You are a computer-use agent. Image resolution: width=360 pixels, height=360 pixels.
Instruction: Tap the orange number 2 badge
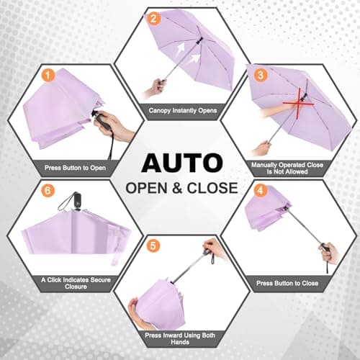click(x=153, y=19)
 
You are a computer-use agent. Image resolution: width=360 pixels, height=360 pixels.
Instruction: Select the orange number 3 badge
click(x=261, y=74)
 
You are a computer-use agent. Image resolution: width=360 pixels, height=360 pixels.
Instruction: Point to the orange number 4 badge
click(x=261, y=192)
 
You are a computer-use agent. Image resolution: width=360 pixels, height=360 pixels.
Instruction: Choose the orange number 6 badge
click(x=48, y=192)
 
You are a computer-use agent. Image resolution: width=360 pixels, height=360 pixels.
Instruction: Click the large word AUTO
click(x=181, y=162)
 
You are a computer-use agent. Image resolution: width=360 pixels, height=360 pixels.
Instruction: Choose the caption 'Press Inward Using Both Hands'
click(x=181, y=338)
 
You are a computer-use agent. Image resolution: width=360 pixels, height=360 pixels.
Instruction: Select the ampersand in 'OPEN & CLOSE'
click(x=176, y=189)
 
